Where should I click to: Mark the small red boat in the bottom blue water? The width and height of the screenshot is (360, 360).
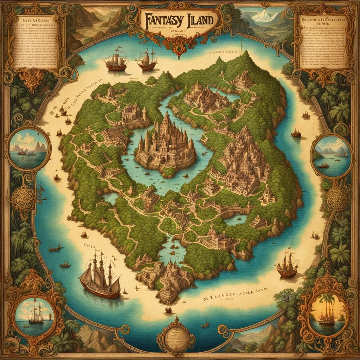[205, 324]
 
